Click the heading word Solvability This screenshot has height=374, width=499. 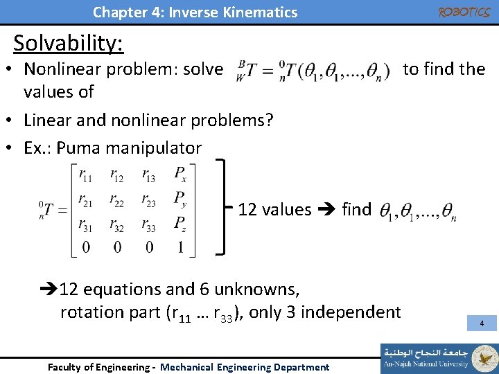68,43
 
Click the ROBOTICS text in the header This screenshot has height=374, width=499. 464,12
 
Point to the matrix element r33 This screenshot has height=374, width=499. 149,226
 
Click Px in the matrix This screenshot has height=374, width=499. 180,173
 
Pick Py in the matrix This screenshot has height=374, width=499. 180,199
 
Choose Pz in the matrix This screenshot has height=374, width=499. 180,224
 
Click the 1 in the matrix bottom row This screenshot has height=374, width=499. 181,247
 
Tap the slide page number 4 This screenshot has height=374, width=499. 482,323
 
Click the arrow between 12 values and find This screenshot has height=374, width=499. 326,210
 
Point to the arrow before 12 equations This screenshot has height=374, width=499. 49,289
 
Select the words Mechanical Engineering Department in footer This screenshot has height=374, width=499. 245,367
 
